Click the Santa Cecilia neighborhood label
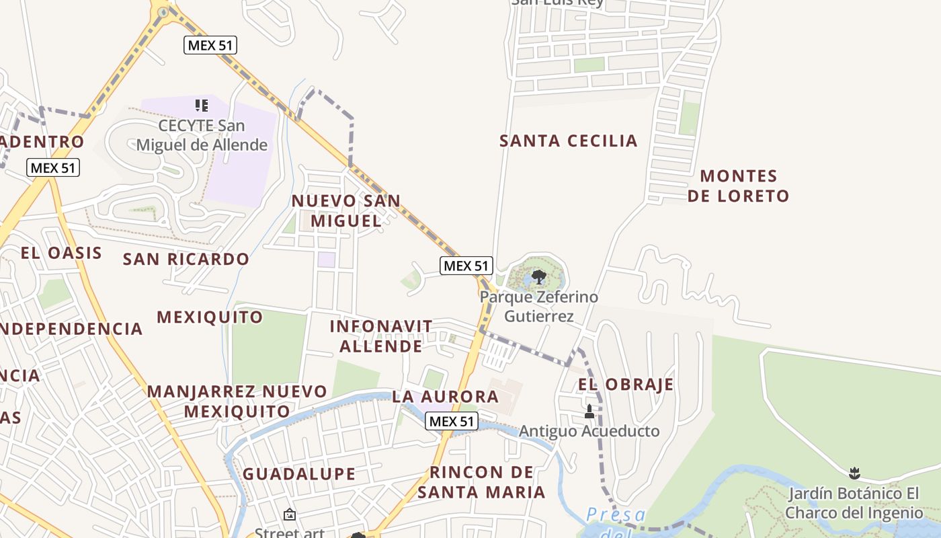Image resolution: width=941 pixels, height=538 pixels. [568, 141]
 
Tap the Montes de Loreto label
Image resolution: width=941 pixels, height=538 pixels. [745, 186]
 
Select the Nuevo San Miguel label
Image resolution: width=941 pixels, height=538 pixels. [345, 210]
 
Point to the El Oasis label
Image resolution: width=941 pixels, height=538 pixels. [61, 253]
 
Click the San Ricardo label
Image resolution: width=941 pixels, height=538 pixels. [186, 259]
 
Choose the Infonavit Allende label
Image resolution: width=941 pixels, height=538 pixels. [381, 336]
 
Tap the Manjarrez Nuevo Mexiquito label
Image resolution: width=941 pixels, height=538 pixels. [237, 401]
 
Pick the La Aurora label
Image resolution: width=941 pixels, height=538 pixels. [446, 396]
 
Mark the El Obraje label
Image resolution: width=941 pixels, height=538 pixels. [626, 385]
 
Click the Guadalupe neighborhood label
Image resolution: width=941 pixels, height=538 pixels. [299, 474]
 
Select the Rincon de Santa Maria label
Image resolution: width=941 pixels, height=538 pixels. [481, 482]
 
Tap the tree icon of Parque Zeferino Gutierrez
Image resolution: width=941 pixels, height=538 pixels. [538, 276]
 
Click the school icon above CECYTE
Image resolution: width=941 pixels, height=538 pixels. [202, 106]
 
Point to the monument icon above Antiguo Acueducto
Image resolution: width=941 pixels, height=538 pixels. [589, 411]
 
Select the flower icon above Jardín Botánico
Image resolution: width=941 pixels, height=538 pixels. [854, 473]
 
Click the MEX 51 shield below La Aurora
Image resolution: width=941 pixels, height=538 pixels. [452, 422]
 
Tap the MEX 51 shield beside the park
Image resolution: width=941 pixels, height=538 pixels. [466, 266]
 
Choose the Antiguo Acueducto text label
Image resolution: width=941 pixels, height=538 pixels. [589, 431]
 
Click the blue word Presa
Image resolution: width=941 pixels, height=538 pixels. [616, 516]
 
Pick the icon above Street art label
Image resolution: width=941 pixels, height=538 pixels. [290, 514]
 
